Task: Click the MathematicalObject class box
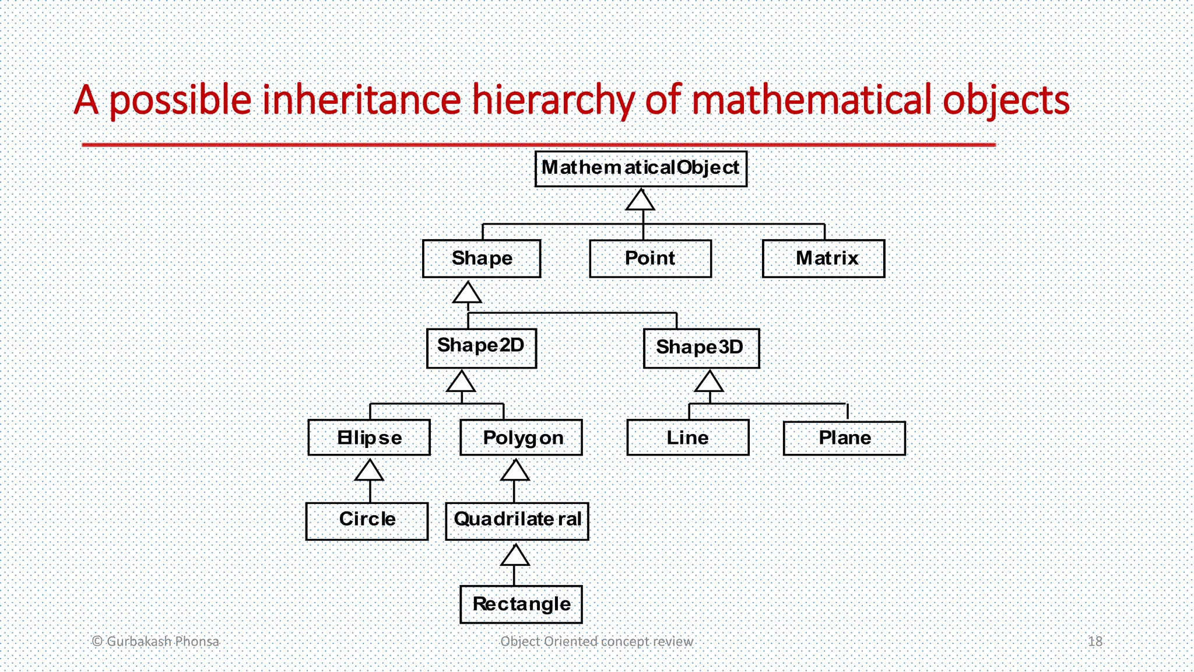pyautogui.click(x=641, y=169)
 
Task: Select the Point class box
pyautogui.click(x=650, y=258)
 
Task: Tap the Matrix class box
pyautogui.click(x=823, y=258)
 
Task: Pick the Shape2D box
pyautogui.click(x=481, y=348)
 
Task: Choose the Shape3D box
pyautogui.click(x=701, y=348)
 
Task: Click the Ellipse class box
pyautogui.click(x=369, y=437)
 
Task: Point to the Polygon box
pyautogui.click(x=521, y=437)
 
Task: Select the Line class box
pyautogui.click(x=688, y=438)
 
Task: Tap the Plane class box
pyautogui.click(x=844, y=438)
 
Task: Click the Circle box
pyautogui.click(x=367, y=521)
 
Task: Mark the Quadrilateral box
pyautogui.click(x=517, y=521)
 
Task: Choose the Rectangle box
pyautogui.click(x=521, y=604)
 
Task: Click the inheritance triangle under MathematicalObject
pyautogui.click(x=641, y=200)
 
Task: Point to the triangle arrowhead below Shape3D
pyautogui.click(x=710, y=382)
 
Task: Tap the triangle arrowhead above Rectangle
pyautogui.click(x=515, y=555)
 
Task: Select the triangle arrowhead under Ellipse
pyautogui.click(x=369, y=470)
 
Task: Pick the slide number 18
pyautogui.click(x=1095, y=641)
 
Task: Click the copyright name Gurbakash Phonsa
pyautogui.click(x=163, y=641)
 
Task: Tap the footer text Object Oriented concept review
pyautogui.click(x=596, y=641)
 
